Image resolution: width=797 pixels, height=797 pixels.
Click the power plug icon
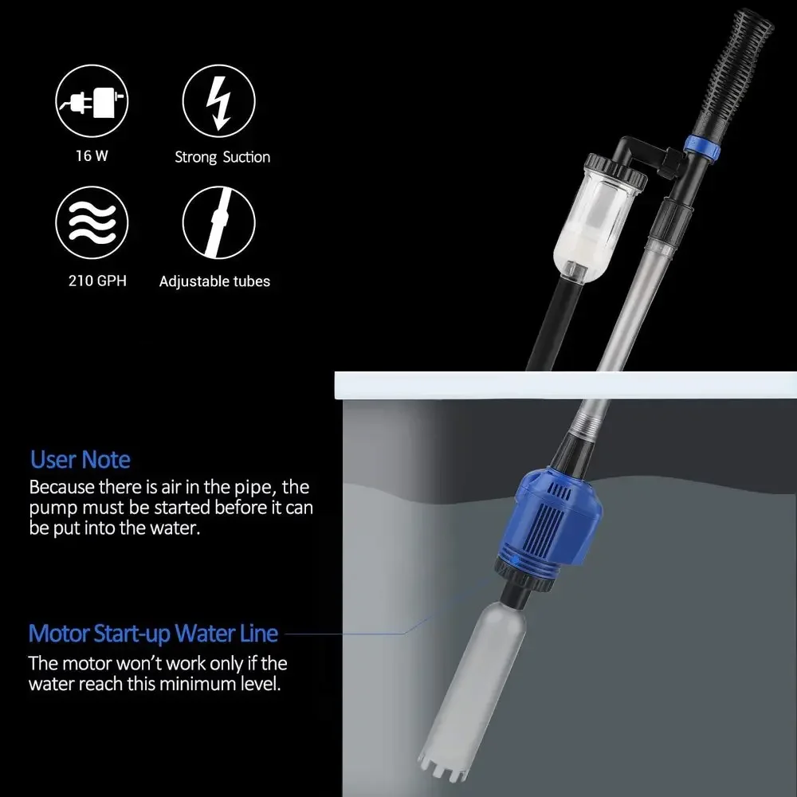point(92,102)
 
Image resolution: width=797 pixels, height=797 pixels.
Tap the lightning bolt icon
point(218,102)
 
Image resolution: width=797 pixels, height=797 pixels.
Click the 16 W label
point(92,156)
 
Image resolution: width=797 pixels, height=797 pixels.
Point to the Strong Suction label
point(222,157)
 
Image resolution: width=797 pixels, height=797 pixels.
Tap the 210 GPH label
point(92,281)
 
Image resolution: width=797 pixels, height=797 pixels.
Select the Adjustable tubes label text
point(214,281)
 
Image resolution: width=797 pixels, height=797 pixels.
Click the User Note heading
point(80,460)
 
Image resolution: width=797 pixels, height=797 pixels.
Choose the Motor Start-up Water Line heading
point(153,634)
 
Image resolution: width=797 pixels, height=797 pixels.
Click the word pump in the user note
point(53,508)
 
